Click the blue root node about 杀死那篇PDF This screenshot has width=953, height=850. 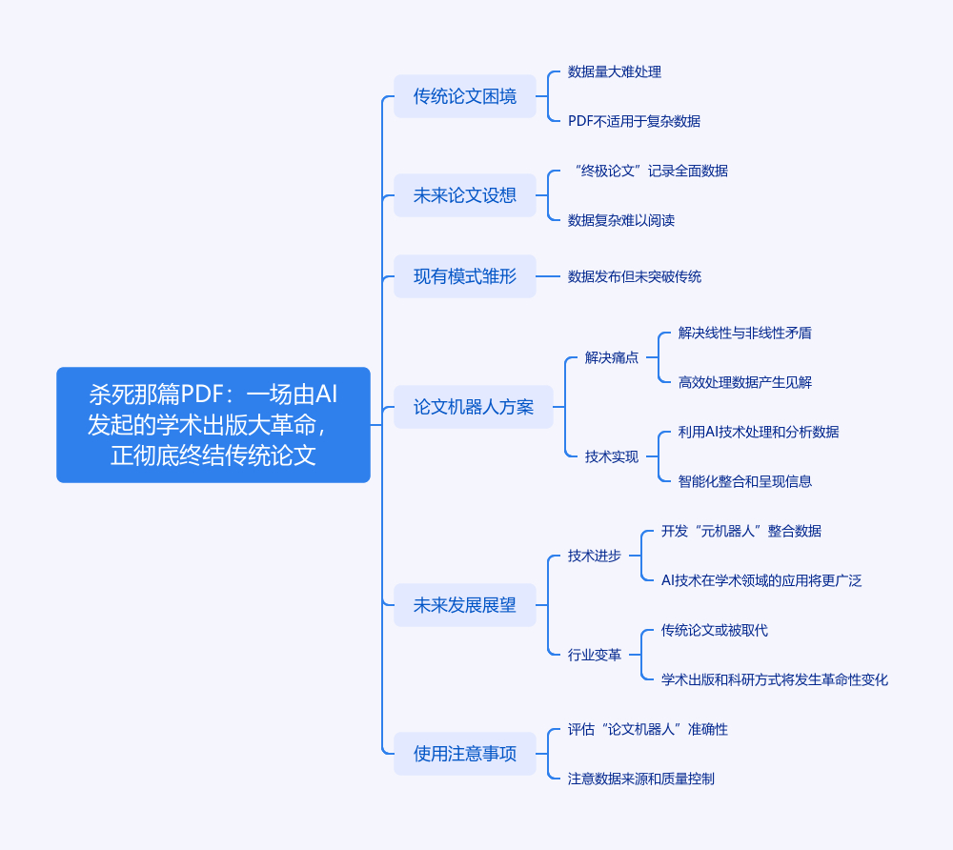[x=213, y=424]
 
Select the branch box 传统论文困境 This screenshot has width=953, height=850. [x=465, y=96]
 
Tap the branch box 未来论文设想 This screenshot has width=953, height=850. [x=465, y=195]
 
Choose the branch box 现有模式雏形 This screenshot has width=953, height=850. [x=465, y=276]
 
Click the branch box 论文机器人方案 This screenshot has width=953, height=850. [x=474, y=407]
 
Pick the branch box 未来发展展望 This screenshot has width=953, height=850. [x=465, y=605]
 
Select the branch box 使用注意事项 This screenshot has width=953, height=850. [x=465, y=754]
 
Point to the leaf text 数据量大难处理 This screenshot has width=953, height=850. [x=615, y=71]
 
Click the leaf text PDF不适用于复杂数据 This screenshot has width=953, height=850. [x=634, y=121]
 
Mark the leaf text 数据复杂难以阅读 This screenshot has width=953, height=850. [x=621, y=220]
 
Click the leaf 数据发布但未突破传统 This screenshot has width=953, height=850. [x=635, y=276]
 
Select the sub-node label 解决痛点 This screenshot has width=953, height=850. [x=612, y=357]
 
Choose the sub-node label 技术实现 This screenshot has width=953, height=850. [x=612, y=456]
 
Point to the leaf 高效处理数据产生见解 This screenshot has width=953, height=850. [x=745, y=382]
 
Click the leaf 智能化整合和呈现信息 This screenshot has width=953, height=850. [x=745, y=481]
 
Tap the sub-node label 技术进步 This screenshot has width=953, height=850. [x=595, y=556]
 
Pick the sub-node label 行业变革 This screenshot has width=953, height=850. [x=595, y=655]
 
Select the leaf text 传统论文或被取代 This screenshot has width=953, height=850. [x=715, y=630]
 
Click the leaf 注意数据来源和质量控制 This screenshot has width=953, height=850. [x=641, y=779]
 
